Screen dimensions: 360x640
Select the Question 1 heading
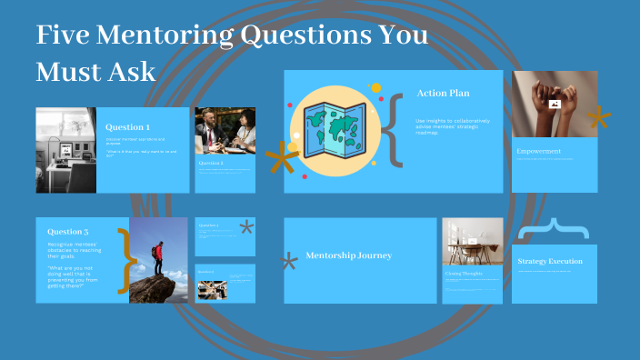[128, 127]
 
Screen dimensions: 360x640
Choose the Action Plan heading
[443, 93]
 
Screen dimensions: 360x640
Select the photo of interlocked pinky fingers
[555, 104]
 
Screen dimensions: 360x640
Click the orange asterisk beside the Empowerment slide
[597, 118]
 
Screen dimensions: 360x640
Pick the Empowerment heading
[539, 151]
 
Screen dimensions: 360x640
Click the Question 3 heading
[68, 231]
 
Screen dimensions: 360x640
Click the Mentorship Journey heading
[349, 255]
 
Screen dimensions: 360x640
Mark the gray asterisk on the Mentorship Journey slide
[289, 263]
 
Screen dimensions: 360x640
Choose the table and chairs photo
[473, 240]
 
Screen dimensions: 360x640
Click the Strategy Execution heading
[550, 262]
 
